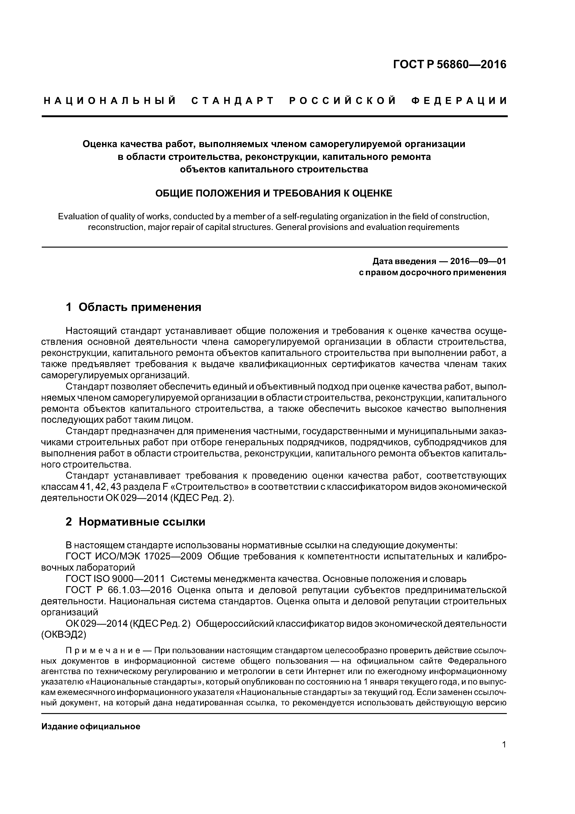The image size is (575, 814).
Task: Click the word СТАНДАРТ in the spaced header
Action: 233,101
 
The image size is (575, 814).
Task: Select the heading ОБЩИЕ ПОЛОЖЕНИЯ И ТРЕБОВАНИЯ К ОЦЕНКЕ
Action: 274,194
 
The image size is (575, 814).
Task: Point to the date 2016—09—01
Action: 478,261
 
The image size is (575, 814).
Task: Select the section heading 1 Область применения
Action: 134,307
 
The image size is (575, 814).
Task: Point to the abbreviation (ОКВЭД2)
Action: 64,635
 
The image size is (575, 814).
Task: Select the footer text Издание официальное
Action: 91,727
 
